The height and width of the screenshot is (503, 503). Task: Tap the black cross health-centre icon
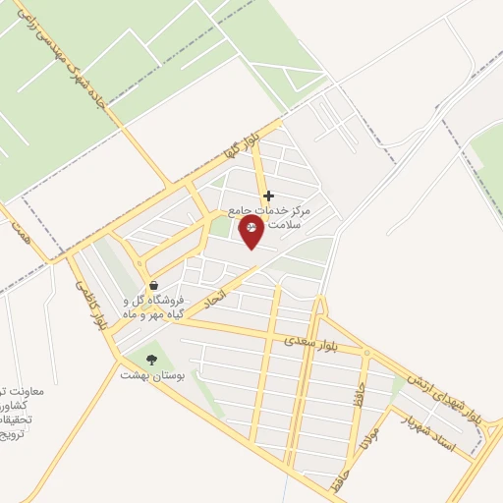tap(269, 196)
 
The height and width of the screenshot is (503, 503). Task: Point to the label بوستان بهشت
tap(146, 374)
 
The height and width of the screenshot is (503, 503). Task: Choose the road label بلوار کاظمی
tap(87, 301)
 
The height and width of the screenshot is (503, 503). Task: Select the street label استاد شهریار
tap(429, 432)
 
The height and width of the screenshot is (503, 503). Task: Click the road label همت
tap(18, 232)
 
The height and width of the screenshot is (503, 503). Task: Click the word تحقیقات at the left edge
tap(15, 419)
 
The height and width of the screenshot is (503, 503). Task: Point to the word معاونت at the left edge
tap(18, 390)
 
